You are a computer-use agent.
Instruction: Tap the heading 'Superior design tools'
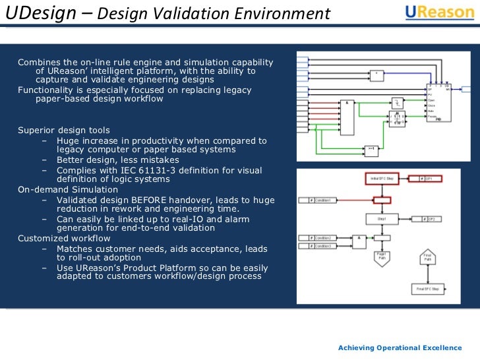coord(64,131)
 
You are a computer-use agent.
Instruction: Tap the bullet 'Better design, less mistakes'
coord(117,160)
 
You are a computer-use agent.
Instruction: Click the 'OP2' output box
coord(425,218)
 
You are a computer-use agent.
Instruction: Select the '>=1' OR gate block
coord(371,150)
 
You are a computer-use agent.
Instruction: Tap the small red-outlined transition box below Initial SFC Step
coord(382,199)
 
